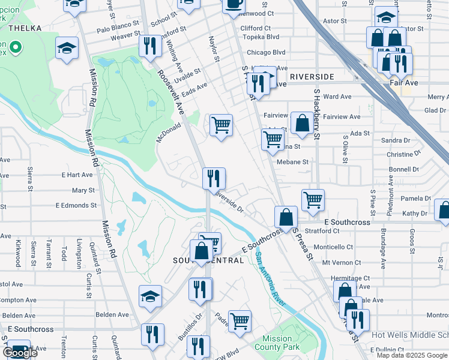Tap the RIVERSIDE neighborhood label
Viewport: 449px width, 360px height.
311,77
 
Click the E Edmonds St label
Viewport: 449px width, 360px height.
76,205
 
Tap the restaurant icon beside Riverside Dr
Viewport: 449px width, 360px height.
214,178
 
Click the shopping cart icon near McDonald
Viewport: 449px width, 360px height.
221,125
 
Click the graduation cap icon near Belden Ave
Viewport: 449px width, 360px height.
151,296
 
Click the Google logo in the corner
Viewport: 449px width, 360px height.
20,353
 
